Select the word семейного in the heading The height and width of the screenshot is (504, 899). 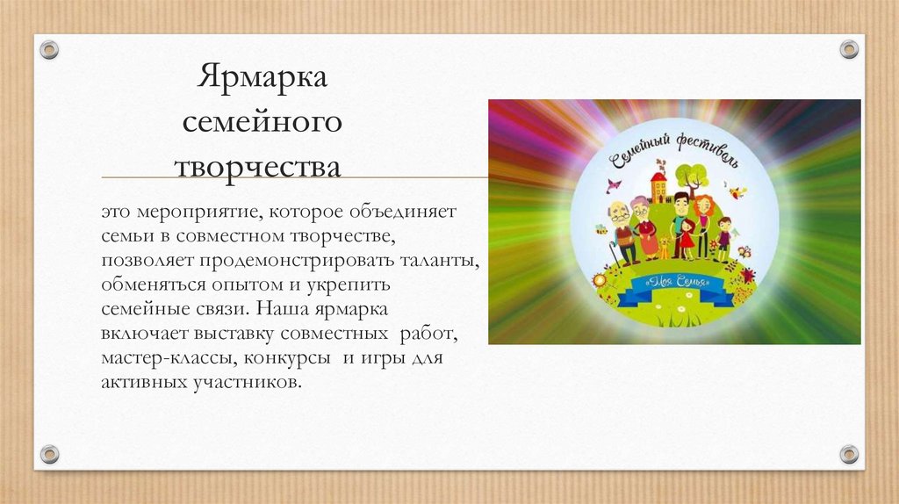[262, 122]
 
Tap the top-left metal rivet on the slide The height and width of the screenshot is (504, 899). [49, 49]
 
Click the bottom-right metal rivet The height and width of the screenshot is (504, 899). [849, 454]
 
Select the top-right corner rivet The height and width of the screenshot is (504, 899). [849, 49]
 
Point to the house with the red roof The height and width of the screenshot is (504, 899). [658, 186]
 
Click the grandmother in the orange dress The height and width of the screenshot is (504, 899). [646, 230]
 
